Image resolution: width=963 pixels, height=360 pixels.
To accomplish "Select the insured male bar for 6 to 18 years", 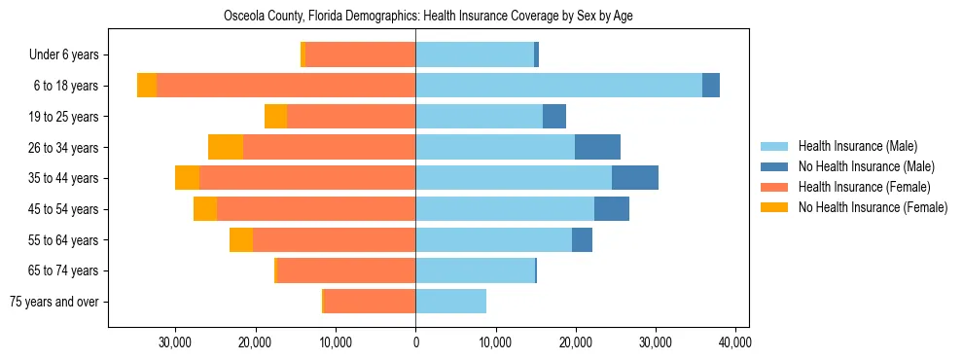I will coord(558,86).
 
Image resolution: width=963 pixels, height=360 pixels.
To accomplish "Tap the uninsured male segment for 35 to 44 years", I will coord(635,178).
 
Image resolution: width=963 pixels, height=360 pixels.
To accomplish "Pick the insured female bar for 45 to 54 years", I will coord(316,209).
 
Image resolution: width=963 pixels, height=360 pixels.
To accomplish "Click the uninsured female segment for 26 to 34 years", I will coord(226,148).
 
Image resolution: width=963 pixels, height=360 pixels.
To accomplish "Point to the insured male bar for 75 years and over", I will coord(450,302).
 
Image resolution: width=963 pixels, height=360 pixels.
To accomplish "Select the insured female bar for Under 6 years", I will coord(360,54).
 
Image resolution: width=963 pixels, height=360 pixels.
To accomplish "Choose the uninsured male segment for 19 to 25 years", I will coord(554,117).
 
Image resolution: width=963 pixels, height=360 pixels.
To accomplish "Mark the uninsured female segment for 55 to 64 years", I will coord(241,240).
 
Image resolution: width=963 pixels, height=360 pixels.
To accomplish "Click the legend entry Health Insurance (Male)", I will coord(857,146).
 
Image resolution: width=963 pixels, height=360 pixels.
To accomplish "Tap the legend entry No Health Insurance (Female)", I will coord(873,207).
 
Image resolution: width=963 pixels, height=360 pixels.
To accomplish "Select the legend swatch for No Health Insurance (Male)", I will coord(775,166).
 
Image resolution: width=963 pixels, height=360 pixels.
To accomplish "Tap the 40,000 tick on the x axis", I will coord(734,342).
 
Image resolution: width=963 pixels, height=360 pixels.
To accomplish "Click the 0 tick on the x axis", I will coord(415,342).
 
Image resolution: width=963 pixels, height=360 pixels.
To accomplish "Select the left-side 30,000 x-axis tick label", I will coord(176,342).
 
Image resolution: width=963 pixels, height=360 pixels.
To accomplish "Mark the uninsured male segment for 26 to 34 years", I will coord(597,148).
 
